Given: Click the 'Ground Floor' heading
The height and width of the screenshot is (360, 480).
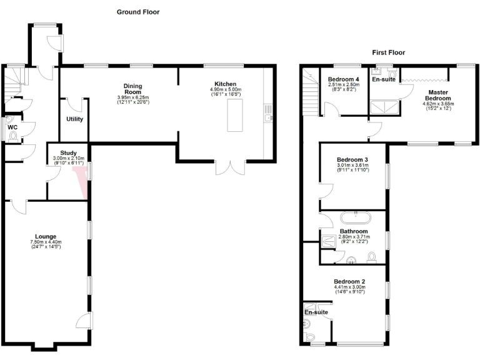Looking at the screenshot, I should pos(138,12).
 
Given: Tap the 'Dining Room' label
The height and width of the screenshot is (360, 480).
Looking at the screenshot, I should pos(132,89).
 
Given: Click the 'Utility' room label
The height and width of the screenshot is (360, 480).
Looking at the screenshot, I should pos(75,119).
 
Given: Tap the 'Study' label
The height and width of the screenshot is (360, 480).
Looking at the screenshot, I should pos(68,153).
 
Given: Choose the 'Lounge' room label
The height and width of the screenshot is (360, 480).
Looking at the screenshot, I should pos(46,236).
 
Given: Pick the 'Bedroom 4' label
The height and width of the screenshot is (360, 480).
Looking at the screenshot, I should pos(344,79).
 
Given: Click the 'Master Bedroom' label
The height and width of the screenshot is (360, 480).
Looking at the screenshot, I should pos(437,95).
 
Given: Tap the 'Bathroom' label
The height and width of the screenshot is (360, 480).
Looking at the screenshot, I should pos(352,231).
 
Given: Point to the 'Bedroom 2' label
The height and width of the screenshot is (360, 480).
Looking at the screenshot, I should pos(349,281).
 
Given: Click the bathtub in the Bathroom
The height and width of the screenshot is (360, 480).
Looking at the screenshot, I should pos(354,219).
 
